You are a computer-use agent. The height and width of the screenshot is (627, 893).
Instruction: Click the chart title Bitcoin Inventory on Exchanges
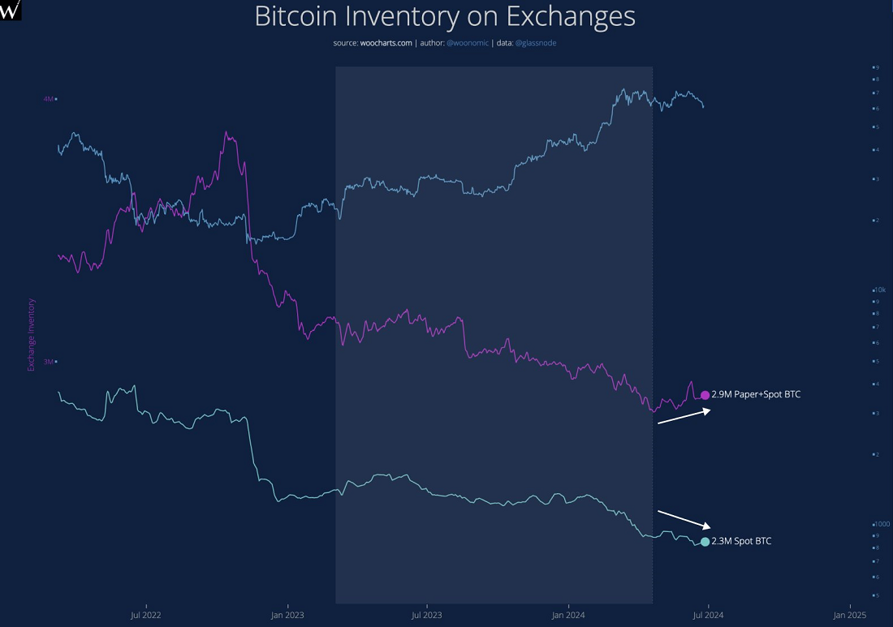coord(445,17)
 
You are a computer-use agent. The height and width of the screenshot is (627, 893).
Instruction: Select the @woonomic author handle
coord(468,43)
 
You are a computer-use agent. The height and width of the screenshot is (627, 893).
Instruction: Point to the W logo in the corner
coord(11,10)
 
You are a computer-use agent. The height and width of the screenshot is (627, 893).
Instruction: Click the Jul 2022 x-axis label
coord(145,616)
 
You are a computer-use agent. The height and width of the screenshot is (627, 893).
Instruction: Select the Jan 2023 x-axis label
coord(287,616)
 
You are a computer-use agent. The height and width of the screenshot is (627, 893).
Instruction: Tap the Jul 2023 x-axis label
coord(427,616)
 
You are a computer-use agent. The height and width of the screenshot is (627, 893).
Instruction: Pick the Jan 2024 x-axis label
coord(568,616)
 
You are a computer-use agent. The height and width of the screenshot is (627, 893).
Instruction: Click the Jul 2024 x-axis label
coord(708,616)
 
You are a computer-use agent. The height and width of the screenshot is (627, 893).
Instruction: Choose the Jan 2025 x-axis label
coord(848,616)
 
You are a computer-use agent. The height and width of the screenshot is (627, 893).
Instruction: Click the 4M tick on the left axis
coord(48,99)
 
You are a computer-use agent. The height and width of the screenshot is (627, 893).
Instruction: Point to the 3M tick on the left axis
coord(48,362)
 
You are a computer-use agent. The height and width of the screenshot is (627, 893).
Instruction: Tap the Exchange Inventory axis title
coord(32,335)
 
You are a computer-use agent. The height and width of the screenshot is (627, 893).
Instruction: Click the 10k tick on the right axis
coord(878,290)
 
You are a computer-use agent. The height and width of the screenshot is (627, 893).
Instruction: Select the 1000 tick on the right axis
coord(879,524)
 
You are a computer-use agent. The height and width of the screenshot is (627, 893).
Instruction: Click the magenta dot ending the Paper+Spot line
coord(705,395)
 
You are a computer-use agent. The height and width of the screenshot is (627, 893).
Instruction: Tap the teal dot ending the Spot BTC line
coord(705,542)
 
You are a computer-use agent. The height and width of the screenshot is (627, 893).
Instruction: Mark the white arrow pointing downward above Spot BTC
coord(684,519)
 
